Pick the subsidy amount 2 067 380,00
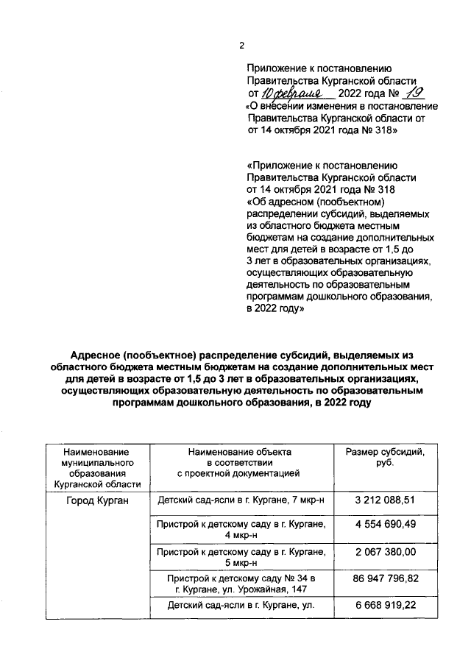(385, 552)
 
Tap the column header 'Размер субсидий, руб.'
(385, 456)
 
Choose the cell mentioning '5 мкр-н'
(240, 557)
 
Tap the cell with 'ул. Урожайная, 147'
(240, 584)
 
